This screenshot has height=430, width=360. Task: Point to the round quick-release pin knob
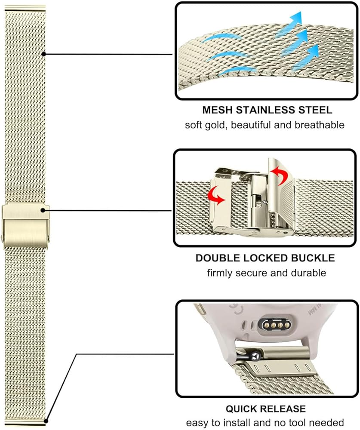pyautogui.click(x=255, y=356)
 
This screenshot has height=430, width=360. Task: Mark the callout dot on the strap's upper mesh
pyautogui.click(x=43, y=54)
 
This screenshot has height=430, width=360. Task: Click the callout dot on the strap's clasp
pyautogui.click(x=43, y=210)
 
